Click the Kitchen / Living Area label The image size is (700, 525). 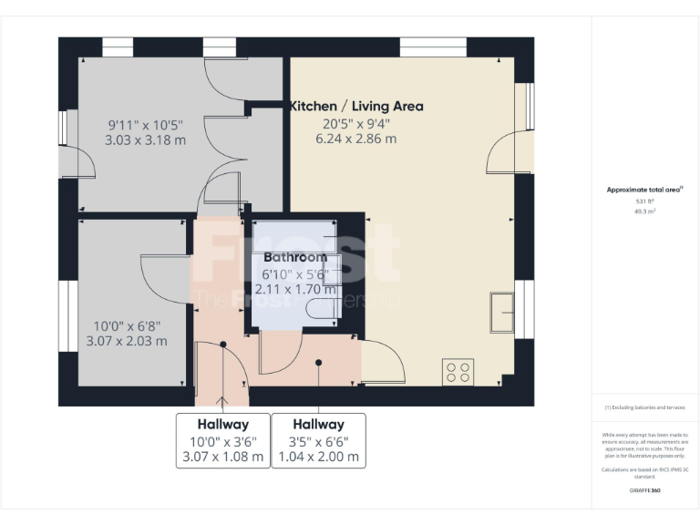pos(356,106)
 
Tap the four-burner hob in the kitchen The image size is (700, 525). pos(458,371)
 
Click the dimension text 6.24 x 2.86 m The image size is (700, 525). pos(356,139)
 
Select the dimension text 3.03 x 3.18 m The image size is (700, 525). pos(146,140)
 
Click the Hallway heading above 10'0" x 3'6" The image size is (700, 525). pos(222,424)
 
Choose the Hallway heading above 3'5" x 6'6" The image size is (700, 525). pos(319,424)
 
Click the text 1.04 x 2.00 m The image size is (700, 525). pos(319,457)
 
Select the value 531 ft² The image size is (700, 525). pos(644,201)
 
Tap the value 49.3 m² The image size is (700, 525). pos(644,211)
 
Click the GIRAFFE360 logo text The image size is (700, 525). pos(644,490)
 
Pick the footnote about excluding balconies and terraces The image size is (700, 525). pos(644,407)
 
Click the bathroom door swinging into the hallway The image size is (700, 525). pos(279,353)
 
